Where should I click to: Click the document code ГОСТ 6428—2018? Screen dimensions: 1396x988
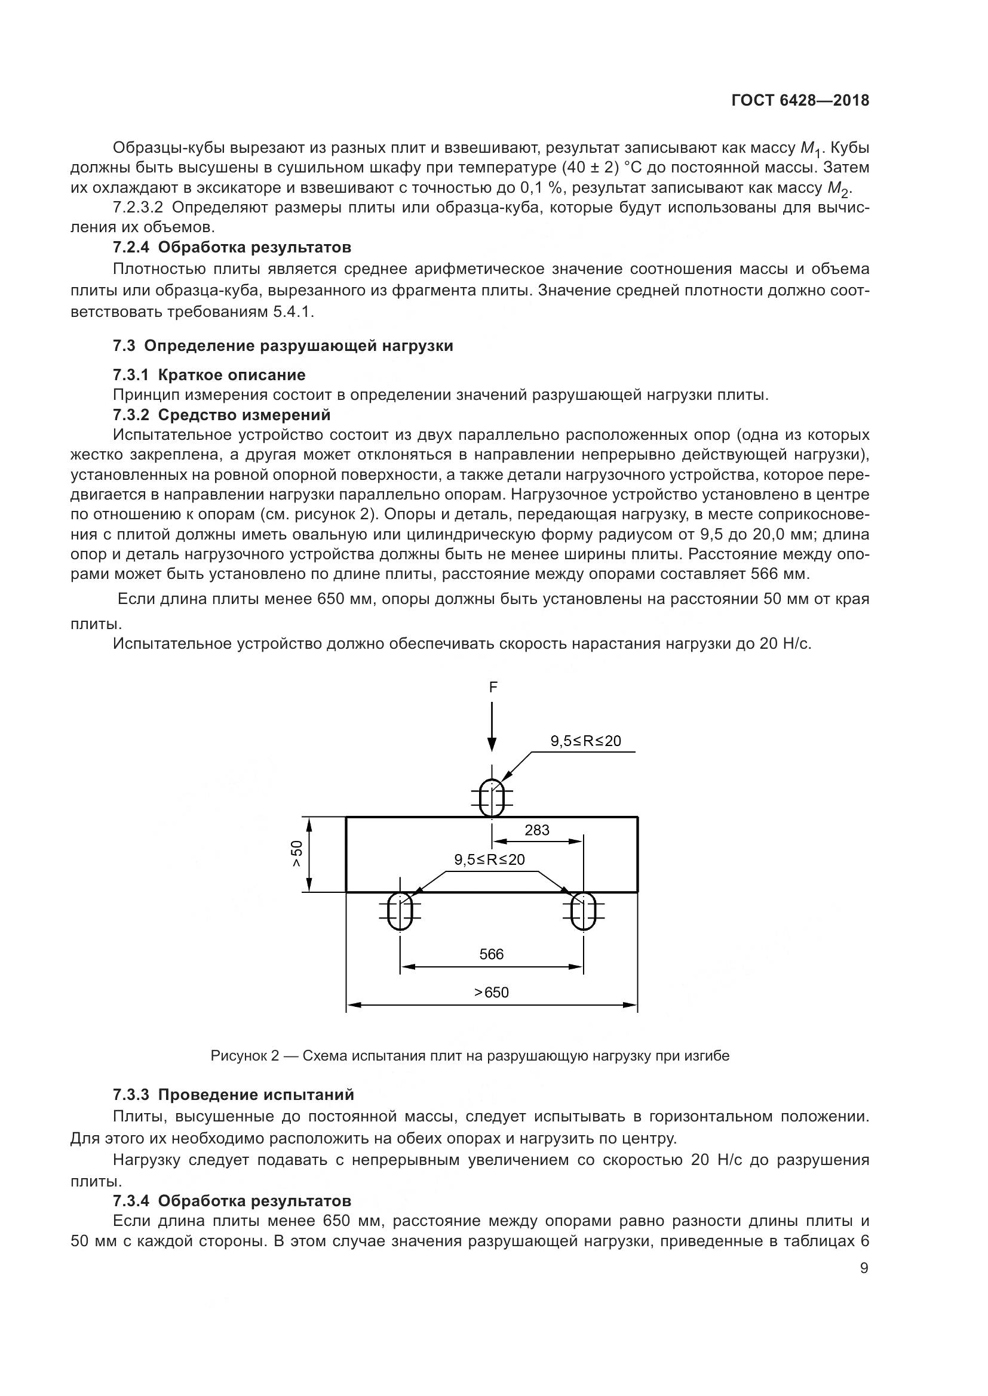pos(800,100)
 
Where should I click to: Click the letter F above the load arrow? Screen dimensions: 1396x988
pos(493,687)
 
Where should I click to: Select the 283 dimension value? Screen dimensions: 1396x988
pos(536,830)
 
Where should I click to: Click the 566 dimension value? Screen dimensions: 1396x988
pos(492,954)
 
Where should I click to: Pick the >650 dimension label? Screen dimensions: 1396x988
pos(492,993)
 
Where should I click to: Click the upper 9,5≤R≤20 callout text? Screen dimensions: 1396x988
pos(586,741)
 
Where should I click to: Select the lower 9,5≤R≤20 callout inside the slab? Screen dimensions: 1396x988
pos(489,859)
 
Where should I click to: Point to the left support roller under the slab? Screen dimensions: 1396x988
pos(400,910)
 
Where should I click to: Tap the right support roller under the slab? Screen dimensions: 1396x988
pos(583,910)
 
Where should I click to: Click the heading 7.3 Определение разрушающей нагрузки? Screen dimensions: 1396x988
pos(283,346)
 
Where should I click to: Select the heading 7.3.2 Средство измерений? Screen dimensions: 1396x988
pos(222,415)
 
